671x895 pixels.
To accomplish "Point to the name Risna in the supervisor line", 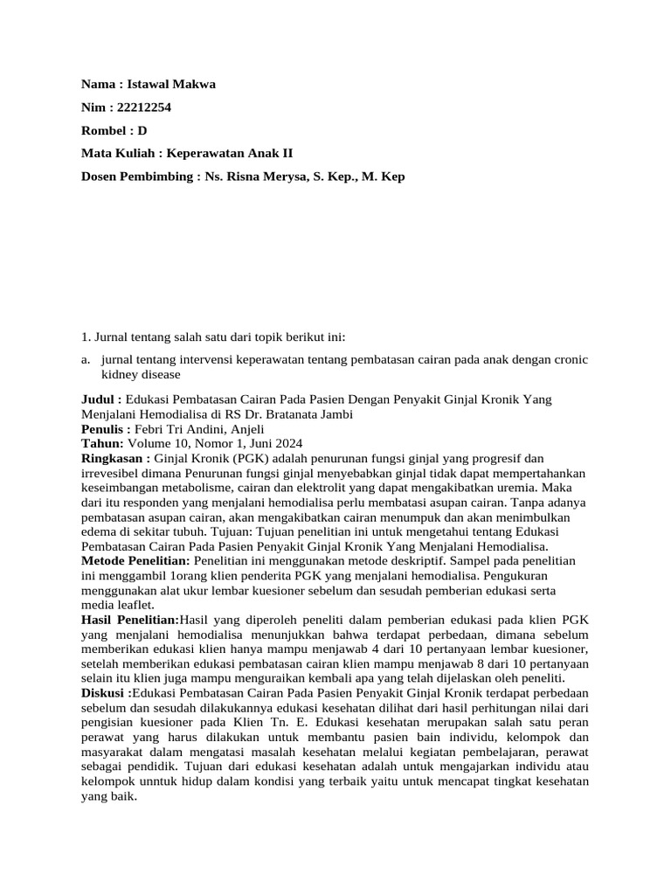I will [249, 176].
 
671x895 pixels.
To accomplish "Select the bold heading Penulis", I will [103, 429].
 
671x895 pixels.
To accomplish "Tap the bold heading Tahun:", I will [102, 444].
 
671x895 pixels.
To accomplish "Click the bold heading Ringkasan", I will [113, 459].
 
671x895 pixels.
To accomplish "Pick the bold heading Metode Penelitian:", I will [135, 559].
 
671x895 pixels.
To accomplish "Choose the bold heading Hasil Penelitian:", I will [129, 620].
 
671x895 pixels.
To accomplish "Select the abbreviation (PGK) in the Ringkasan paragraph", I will [253, 459].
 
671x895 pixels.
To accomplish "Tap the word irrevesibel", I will [109, 474].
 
